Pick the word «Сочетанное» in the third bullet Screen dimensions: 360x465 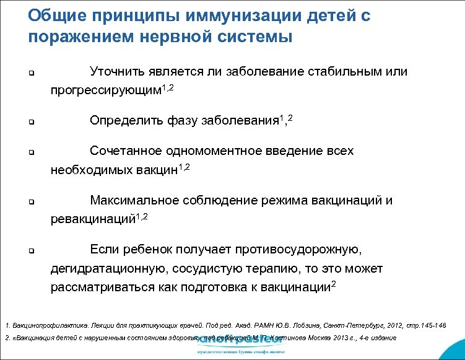[126, 151]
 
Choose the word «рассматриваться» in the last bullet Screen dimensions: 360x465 [105, 287]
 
